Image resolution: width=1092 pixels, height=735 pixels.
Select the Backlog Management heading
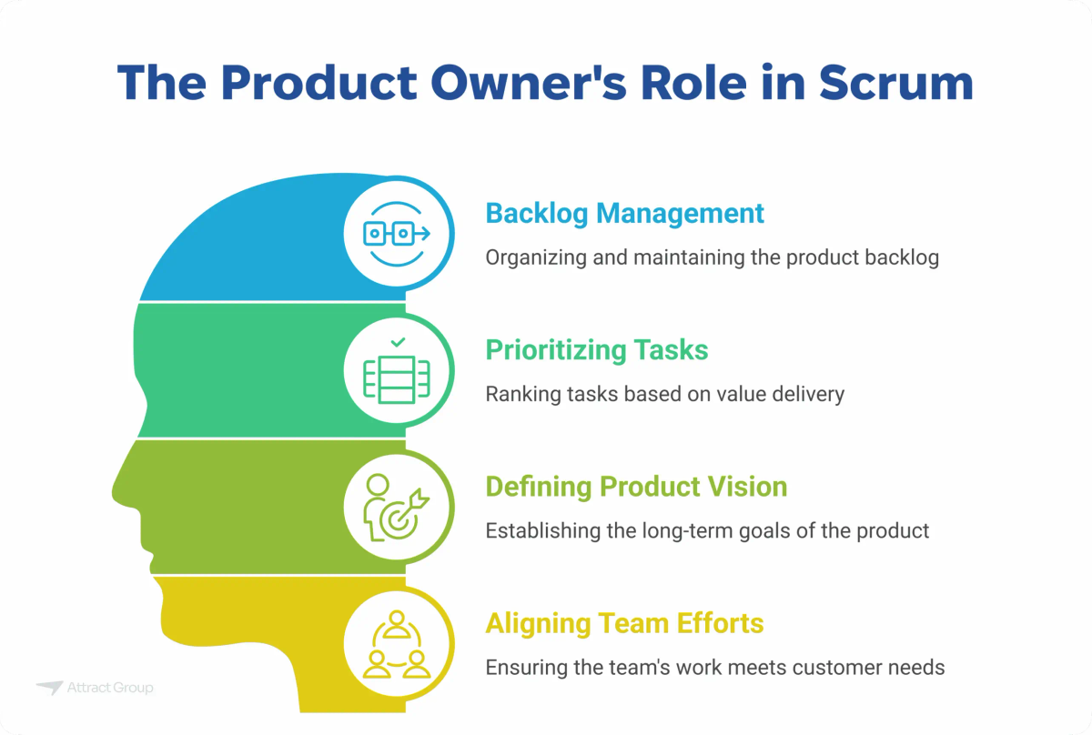coord(624,213)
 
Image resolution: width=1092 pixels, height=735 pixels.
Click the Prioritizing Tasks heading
coord(596,349)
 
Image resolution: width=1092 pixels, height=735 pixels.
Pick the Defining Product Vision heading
coord(635,486)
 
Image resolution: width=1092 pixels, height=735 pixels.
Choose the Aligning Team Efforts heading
coord(624,623)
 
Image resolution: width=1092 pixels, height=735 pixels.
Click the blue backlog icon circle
coord(397,234)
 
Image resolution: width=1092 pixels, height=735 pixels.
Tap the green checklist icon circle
coord(397,370)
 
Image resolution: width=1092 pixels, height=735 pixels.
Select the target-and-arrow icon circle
coord(397,507)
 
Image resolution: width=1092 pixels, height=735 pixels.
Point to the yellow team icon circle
coord(397,644)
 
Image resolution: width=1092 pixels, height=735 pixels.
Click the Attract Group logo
coord(95,689)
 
